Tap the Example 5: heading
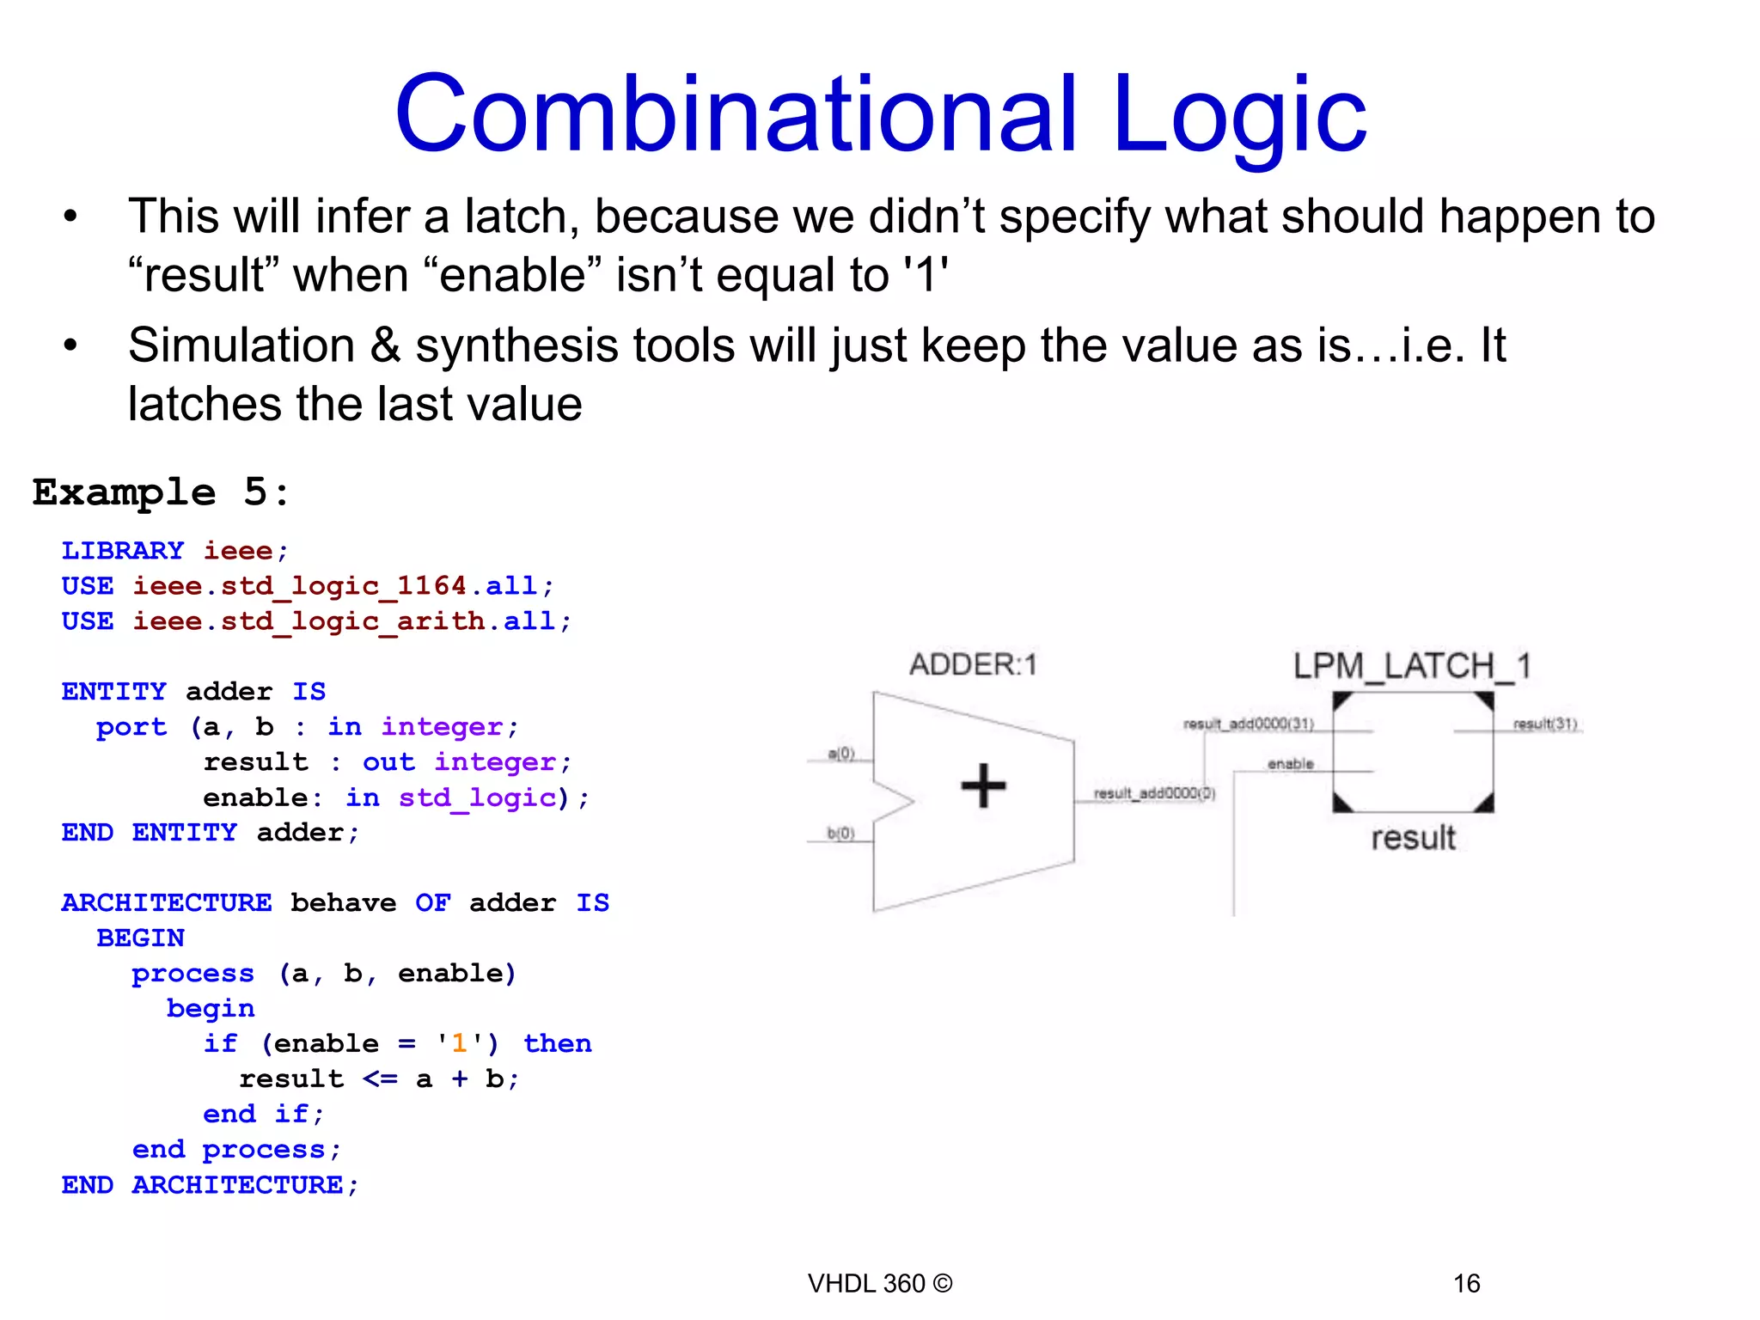click(x=162, y=492)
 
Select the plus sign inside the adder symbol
click(x=983, y=785)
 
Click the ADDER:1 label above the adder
click(x=974, y=664)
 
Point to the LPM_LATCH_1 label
click(x=1412, y=666)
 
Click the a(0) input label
click(x=841, y=754)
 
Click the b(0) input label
click(x=840, y=833)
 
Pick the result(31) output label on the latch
click(x=1544, y=724)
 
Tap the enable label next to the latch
click(x=1290, y=763)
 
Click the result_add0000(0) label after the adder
click(x=1153, y=792)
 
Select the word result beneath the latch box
click(x=1413, y=837)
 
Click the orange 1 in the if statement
click(x=459, y=1043)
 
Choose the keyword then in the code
click(x=557, y=1043)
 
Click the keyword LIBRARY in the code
click(x=123, y=550)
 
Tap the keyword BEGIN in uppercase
click(x=140, y=938)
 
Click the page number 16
click(x=1466, y=1283)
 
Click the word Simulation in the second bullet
click(x=241, y=345)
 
